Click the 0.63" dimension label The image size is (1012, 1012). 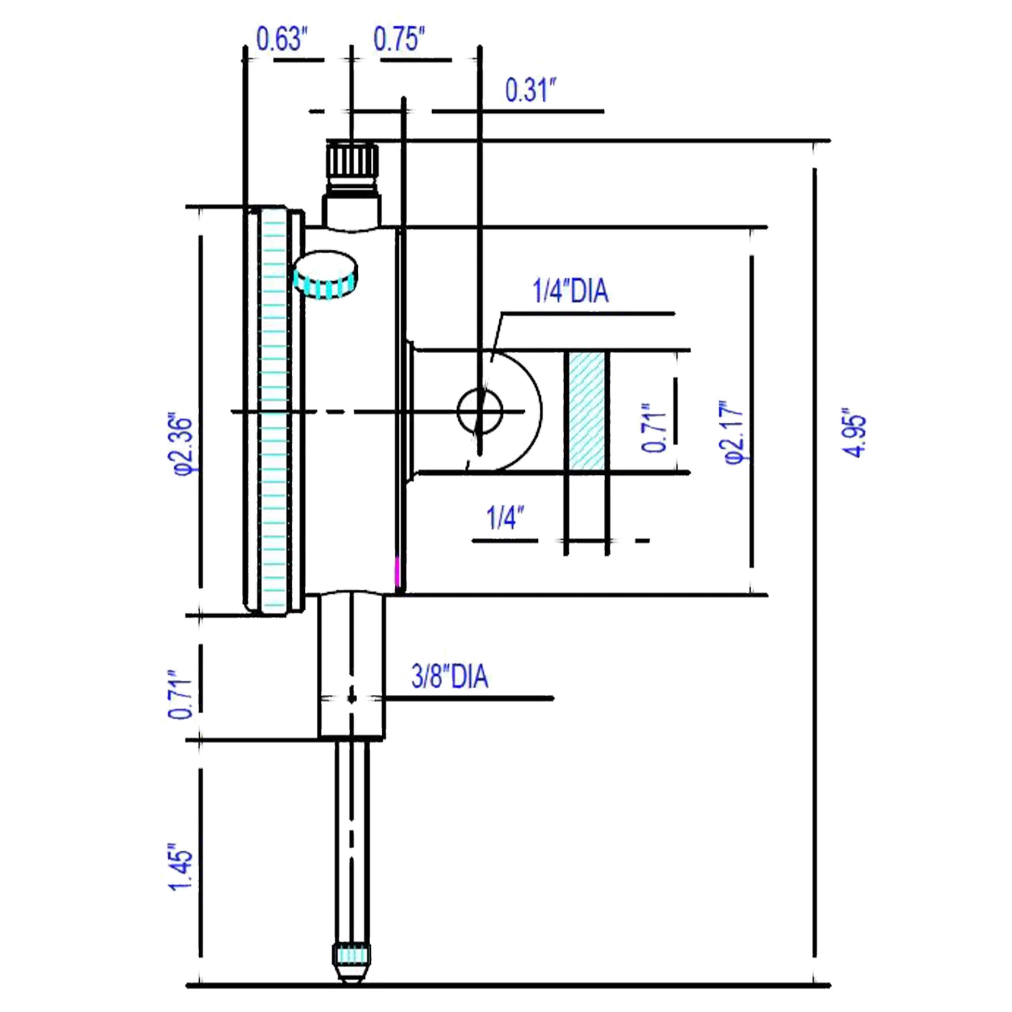click(x=281, y=40)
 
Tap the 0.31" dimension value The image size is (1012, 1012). click(x=529, y=90)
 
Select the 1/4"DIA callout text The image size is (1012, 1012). click(x=571, y=292)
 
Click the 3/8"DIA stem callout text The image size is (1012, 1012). click(x=449, y=677)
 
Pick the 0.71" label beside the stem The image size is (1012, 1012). click(x=179, y=695)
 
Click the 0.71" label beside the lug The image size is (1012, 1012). click(x=654, y=427)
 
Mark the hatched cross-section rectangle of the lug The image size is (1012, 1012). click(x=587, y=411)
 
